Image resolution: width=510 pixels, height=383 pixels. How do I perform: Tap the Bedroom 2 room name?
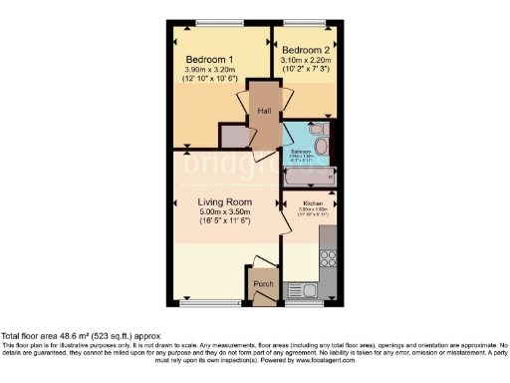pyautogui.click(x=304, y=50)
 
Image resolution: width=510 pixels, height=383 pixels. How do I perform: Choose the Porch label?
pyautogui.click(x=263, y=284)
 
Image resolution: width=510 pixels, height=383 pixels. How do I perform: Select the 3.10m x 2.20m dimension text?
pyautogui.click(x=304, y=60)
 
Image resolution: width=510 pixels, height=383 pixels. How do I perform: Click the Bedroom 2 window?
pyautogui.click(x=302, y=23)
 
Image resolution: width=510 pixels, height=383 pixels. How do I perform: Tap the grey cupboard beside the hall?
pyautogui.click(x=233, y=136)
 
